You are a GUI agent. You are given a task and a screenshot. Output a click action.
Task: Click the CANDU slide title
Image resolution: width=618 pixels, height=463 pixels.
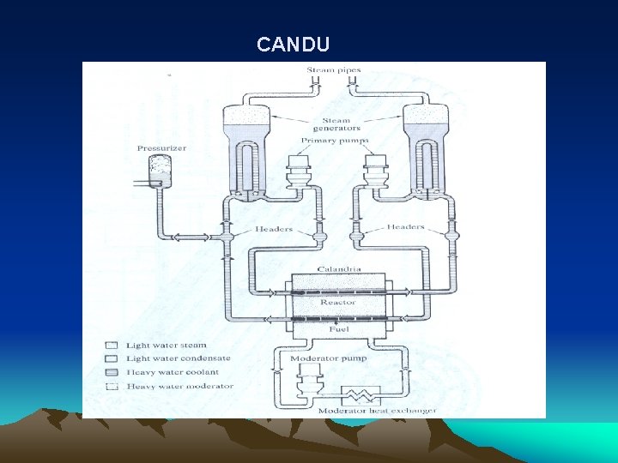click(x=293, y=44)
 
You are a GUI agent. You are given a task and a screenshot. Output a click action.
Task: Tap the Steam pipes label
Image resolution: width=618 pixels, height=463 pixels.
click(x=334, y=69)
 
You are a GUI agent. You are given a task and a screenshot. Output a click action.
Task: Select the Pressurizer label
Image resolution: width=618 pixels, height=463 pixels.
click(x=161, y=148)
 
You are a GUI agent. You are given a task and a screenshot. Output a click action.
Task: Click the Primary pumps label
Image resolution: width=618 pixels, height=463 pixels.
click(x=334, y=140)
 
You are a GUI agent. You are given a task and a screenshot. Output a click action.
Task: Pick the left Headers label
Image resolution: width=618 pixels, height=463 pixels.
click(x=274, y=229)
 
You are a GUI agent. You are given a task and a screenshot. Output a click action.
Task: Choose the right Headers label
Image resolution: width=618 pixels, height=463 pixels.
click(x=405, y=227)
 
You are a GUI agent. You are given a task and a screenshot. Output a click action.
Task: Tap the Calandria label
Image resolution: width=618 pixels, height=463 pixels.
click(x=337, y=269)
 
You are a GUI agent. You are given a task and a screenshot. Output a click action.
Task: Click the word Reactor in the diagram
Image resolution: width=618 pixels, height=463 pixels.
click(x=337, y=302)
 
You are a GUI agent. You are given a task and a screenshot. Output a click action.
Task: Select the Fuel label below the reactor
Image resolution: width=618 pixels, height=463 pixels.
click(x=337, y=328)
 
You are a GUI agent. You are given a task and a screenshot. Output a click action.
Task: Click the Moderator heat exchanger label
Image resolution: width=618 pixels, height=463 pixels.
click(x=377, y=410)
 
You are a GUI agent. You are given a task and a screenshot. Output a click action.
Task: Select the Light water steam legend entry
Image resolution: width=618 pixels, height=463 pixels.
click(x=167, y=346)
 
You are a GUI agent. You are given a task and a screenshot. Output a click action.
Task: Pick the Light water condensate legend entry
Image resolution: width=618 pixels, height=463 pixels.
click(x=173, y=358)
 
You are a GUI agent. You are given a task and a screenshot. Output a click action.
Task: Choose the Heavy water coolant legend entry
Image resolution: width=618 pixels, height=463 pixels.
click(x=173, y=372)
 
